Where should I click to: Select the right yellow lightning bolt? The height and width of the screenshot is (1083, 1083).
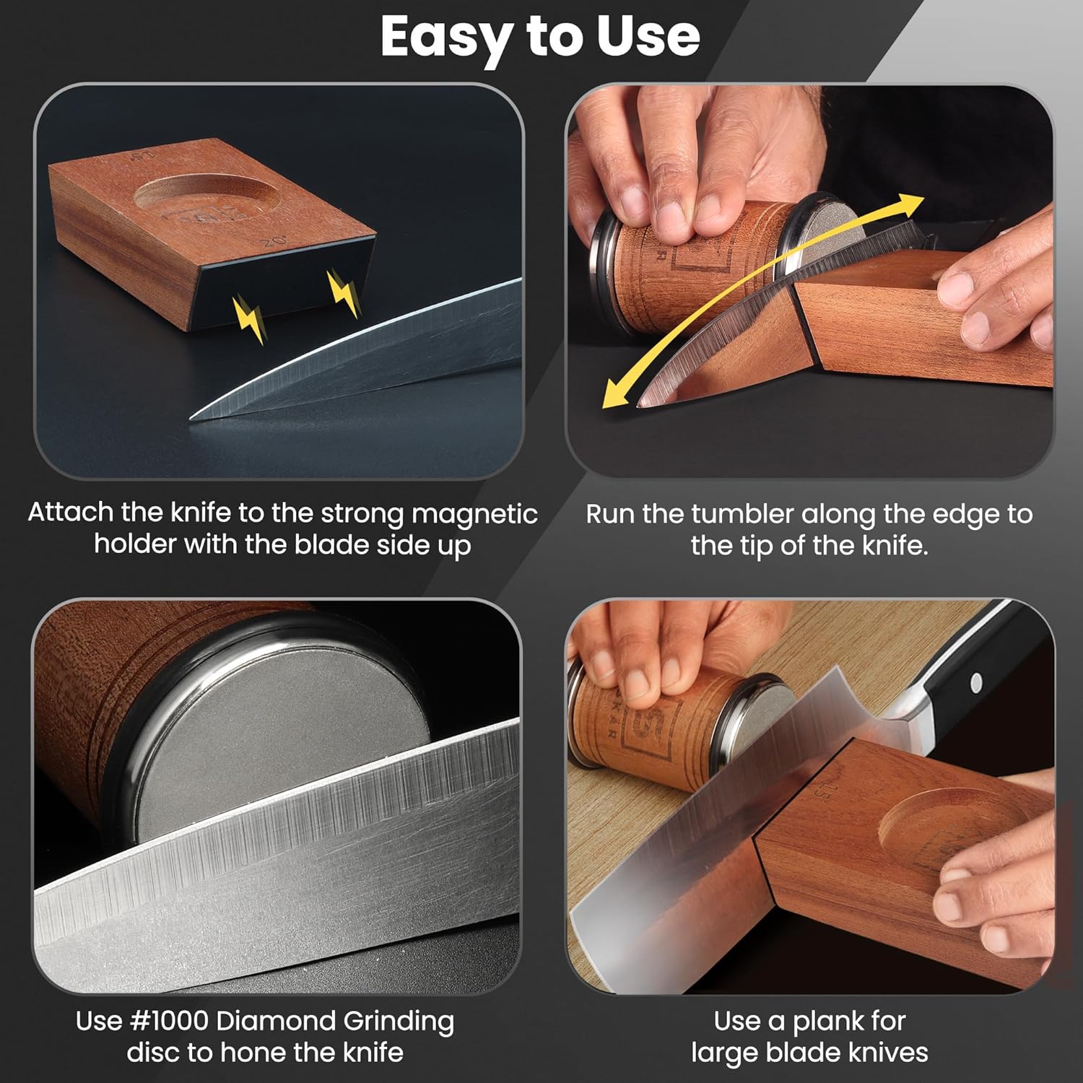pyautogui.click(x=344, y=293)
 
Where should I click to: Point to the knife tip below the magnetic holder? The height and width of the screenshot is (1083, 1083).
pyautogui.click(x=192, y=417)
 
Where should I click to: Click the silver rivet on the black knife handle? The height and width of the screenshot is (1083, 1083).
pyautogui.click(x=976, y=681)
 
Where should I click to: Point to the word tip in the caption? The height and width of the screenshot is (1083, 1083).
pyautogui.click(x=758, y=545)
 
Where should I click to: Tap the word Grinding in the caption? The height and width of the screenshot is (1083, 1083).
pyautogui.click(x=399, y=1022)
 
